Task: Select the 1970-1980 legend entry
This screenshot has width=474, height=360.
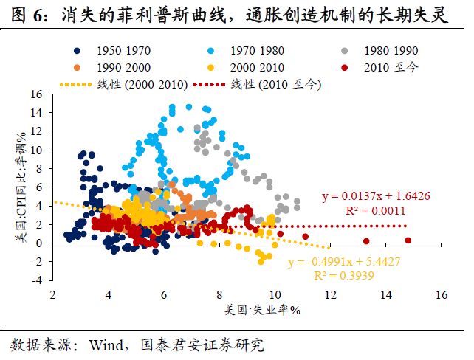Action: pyautogui.click(x=255, y=51)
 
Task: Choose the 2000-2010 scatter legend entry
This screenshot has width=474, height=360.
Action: pyautogui.click(x=255, y=67)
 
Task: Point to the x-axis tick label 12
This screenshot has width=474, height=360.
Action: pyautogui.click(x=330, y=295)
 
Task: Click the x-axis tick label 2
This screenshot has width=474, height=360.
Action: pyautogui.click(x=53, y=295)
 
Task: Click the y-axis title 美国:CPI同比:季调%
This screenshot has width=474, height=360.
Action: pyautogui.click(x=21, y=188)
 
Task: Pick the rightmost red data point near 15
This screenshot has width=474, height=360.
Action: pyautogui.click(x=408, y=240)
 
